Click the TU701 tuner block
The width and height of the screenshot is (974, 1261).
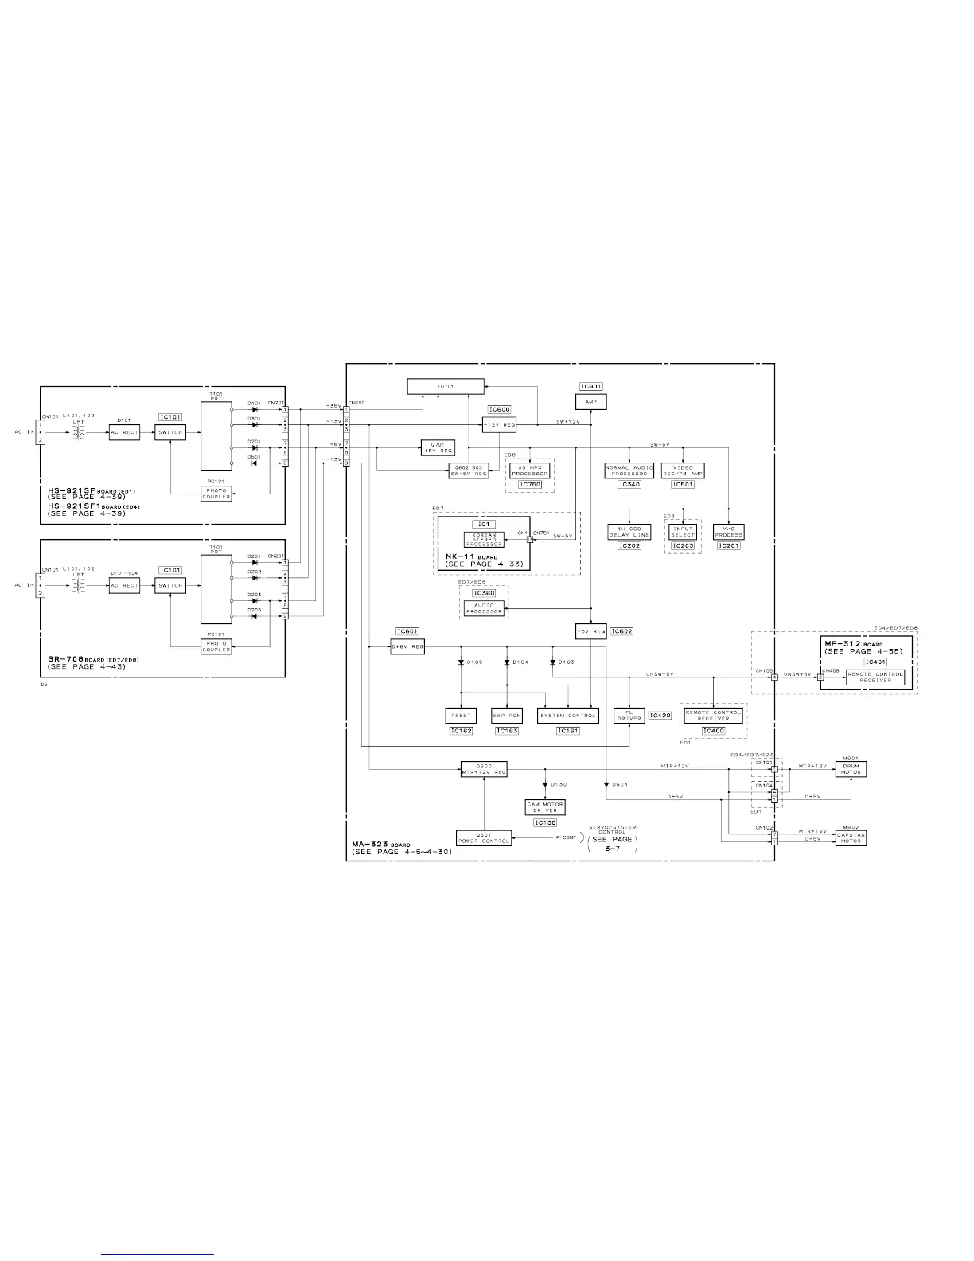445,386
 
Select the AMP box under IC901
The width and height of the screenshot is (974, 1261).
590,402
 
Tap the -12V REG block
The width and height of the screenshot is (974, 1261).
499,425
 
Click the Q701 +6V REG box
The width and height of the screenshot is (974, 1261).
437,447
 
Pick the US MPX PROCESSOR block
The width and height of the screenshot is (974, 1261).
530,470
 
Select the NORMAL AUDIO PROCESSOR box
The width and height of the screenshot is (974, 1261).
629,470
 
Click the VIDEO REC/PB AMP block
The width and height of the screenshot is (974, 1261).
683,470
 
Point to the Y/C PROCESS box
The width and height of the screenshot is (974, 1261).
728,532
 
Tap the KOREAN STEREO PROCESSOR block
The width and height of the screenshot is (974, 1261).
484,539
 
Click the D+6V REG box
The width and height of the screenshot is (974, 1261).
407,647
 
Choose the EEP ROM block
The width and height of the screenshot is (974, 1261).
506,716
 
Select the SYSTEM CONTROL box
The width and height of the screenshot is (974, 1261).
567,716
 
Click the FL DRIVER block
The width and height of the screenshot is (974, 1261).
629,716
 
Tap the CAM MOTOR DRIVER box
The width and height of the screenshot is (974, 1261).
545,807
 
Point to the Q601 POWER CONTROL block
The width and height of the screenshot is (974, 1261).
484,837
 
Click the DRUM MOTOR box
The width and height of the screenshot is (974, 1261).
851,769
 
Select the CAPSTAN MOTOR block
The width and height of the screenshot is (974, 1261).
851,837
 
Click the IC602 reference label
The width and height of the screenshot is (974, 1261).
621,631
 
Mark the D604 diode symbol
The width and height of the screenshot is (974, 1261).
606,784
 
